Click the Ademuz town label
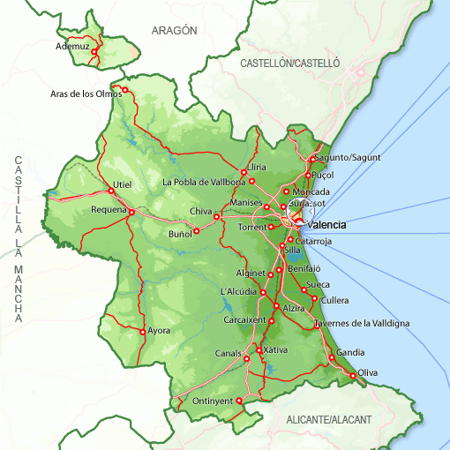point(73,46)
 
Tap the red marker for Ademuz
point(94,52)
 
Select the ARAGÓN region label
point(174,30)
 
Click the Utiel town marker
point(111,191)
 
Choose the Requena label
point(109,210)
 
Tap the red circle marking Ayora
point(142,332)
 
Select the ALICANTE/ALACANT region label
point(329,419)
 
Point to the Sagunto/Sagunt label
point(348,157)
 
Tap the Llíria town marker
point(244,172)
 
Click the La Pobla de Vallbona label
point(204,183)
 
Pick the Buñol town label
point(179,235)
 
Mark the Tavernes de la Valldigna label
point(362,324)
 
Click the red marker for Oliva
point(354,376)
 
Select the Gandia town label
point(350,352)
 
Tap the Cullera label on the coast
point(335,300)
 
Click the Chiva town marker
point(216,216)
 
